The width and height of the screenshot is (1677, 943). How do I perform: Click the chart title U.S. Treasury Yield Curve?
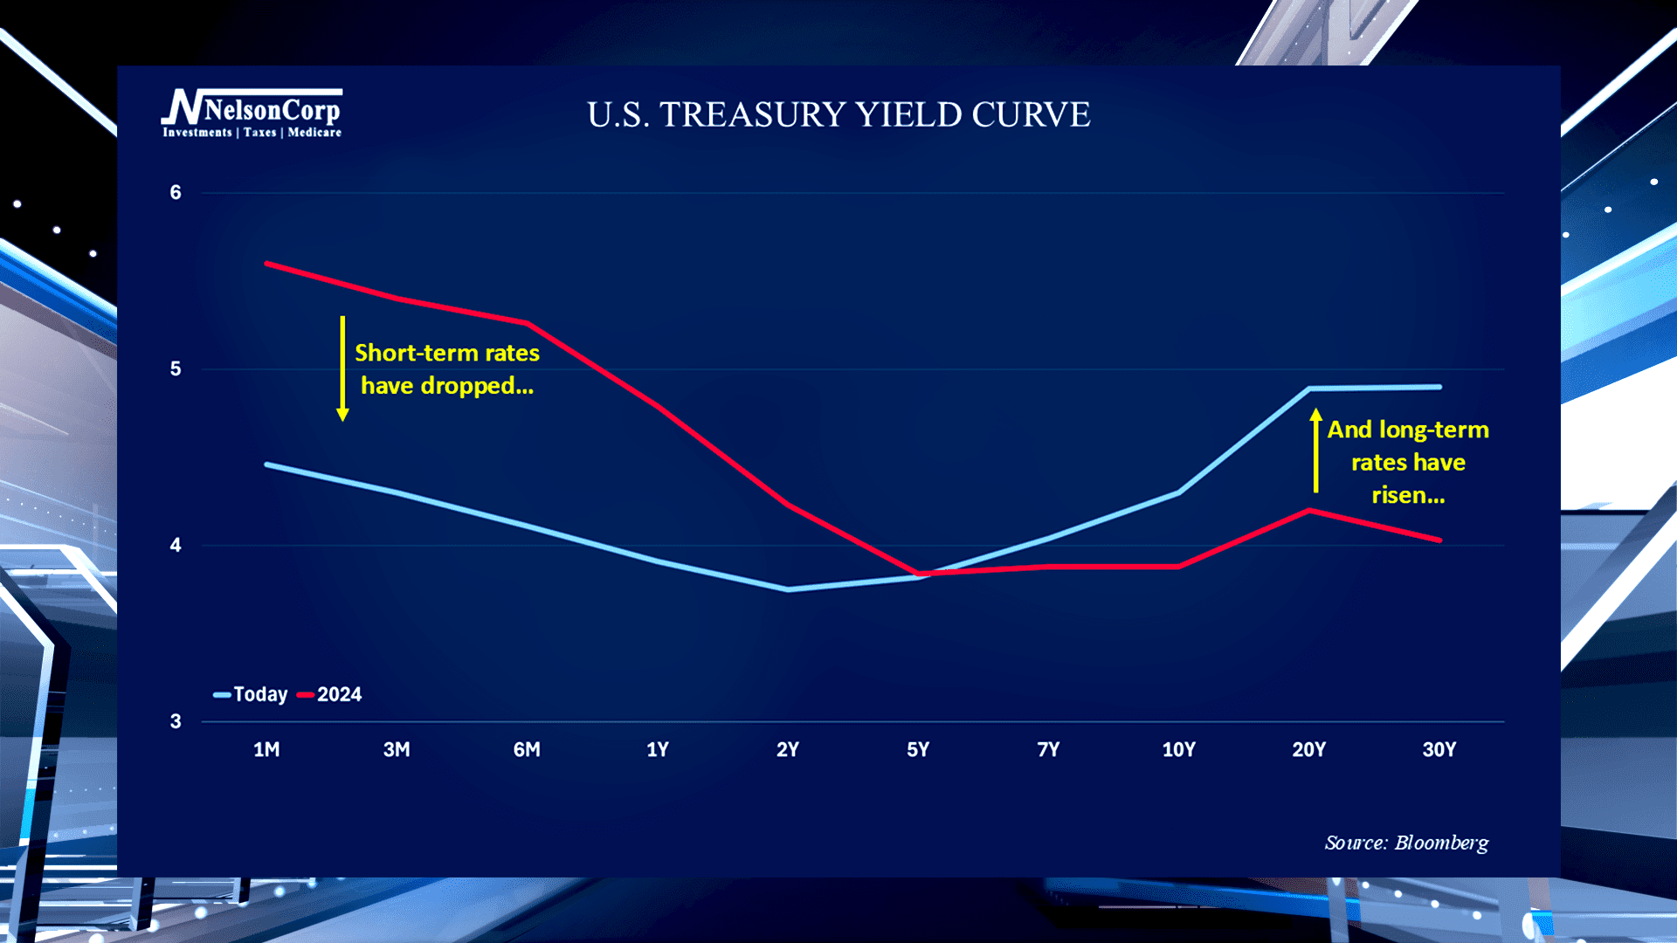838,114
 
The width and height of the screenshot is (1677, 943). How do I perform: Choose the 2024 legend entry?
331,694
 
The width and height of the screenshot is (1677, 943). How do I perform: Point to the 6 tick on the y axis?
176,192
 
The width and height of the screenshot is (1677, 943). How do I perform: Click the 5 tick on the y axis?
176,368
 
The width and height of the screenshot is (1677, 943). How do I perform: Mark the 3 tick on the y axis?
176,721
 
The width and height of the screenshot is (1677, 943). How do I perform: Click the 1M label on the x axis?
266,749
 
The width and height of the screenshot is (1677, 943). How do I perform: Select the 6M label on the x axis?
527,749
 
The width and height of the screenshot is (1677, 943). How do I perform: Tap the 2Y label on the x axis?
788,749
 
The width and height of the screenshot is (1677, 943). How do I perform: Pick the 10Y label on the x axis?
1178,749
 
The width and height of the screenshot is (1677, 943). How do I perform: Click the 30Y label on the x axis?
1439,749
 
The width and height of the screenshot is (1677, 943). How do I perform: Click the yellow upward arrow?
1316,451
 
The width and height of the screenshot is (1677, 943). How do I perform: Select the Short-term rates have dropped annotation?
447,368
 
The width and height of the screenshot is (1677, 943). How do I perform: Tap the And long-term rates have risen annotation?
1408,462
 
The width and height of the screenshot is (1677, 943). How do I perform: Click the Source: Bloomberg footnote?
1406,843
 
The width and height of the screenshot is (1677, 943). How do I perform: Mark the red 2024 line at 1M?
267,263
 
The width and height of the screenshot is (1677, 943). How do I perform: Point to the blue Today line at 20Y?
1309,388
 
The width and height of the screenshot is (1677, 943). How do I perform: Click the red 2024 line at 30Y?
1439,540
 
